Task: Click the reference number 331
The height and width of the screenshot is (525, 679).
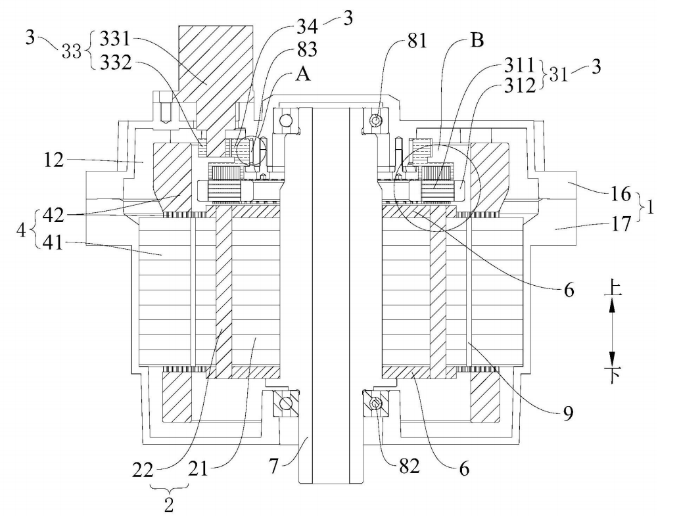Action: tap(115, 39)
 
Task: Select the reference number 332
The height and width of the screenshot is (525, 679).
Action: tap(116, 63)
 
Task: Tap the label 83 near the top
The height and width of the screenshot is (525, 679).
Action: tap(307, 49)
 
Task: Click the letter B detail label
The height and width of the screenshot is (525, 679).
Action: tap(477, 41)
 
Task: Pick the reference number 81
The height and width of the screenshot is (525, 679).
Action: tap(417, 41)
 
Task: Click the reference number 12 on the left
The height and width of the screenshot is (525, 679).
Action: tap(54, 160)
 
